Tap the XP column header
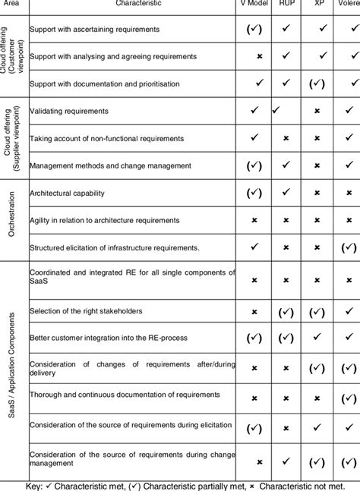[x=318, y=5]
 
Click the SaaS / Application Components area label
[x=11, y=365]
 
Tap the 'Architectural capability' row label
[x=67, y=194]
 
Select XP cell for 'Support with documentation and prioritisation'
[x=318, y=83]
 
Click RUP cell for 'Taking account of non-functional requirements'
[x=288, y=137]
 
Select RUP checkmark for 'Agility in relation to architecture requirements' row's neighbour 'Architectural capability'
[x=288, y=193]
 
